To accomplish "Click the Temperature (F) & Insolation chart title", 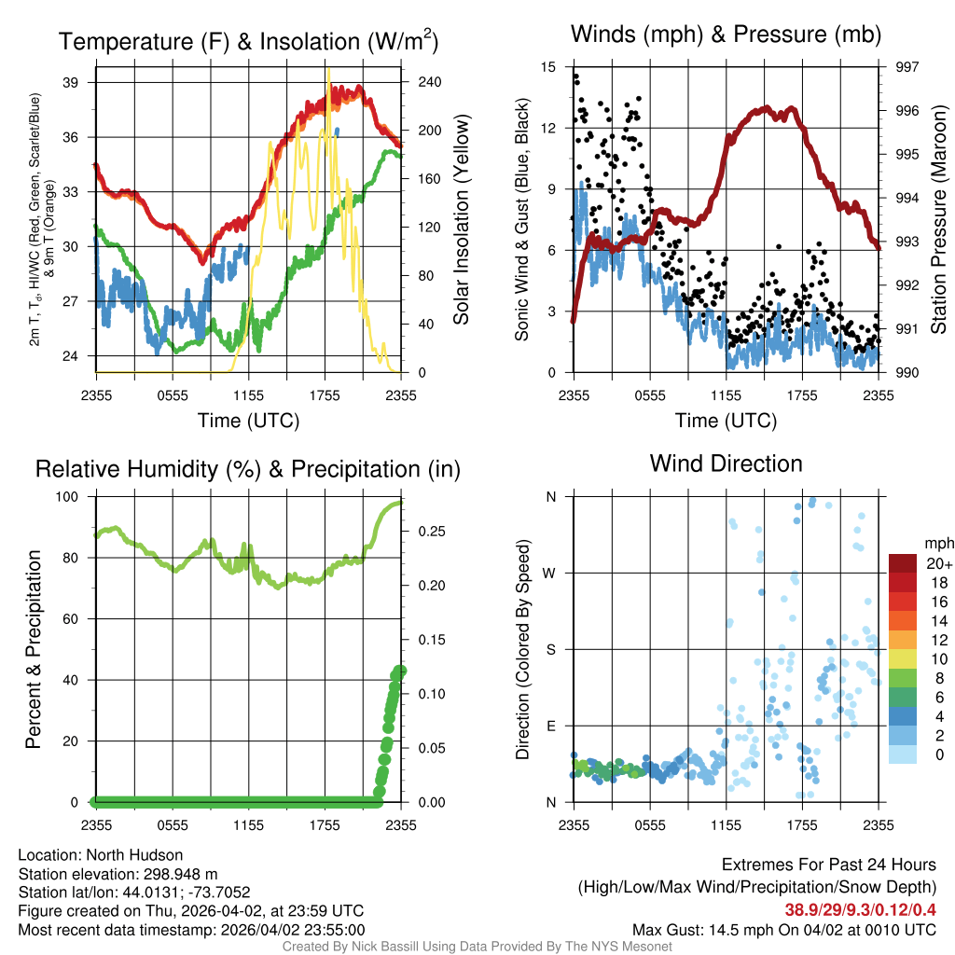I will pos(248,42).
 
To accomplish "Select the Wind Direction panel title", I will pos(726,464).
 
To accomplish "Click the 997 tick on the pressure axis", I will pos(907,67).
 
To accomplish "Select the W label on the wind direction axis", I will pos(550,574).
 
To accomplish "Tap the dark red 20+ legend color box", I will pos(902,563).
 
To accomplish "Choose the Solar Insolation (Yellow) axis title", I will pos(461,219).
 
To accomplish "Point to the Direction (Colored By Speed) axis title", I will pos(523,648).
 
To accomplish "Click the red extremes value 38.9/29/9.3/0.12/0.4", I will pos(860,908).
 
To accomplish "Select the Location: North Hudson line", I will pos(101,855).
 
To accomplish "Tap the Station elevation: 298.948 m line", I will pos(118,874).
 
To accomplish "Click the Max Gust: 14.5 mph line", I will pos(783,929).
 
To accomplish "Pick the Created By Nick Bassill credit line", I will pos(477,947).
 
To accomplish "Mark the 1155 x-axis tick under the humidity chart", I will pos(248,824).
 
